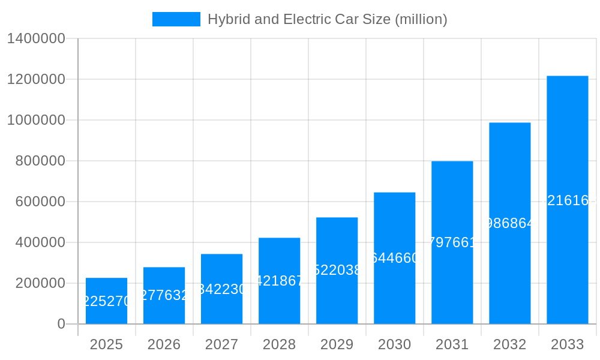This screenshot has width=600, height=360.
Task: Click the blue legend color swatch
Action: pyautogui.click(x=176, y=19)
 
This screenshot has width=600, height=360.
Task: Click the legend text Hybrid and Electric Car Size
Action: pyautogui.click(x=327, y=19)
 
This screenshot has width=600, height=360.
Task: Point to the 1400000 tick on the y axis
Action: pyautogui.click(x=35, y=38)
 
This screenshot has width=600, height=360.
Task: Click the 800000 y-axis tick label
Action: pyautogui.click(x=40, y=161)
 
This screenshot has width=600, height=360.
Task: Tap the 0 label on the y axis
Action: pyautogui.click(x=61, y=324)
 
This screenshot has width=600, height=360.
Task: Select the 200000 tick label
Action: pyautogui.click(x=40, y=283)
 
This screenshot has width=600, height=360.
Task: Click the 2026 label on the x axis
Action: pyautogui.click(x=164, y=344)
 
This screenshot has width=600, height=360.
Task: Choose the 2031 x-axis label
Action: pyautogui.click(x=452, y=344)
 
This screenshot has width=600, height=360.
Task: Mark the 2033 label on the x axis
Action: pyautogui.click(x=567, y=344)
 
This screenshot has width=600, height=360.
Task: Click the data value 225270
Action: pyautogui.click(x=106, y=301)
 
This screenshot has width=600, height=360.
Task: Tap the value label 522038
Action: pyautogui.click(x=337, y=271)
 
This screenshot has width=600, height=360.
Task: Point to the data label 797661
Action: pyautogui.click(x=452, y=242)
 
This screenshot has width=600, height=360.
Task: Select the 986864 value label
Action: pyautogui.click(x=509, y=223)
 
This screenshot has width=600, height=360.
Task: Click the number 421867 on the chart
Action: pyautogui.click(x=279, y=281)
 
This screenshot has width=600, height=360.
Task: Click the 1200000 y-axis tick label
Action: pyautogui.click(x=35, y=79)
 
